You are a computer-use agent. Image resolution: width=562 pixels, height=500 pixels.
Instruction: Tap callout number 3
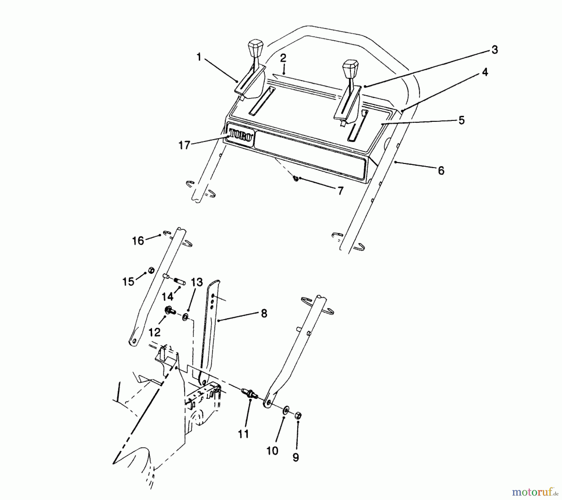494,50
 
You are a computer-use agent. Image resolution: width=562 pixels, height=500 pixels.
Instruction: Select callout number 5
461,120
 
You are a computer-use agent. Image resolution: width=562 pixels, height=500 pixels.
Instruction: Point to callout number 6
441,171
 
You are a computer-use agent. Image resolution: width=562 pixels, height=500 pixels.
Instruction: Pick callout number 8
264,314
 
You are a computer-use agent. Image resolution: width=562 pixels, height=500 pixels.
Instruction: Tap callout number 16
138,241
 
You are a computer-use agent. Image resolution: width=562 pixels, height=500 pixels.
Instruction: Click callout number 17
184,145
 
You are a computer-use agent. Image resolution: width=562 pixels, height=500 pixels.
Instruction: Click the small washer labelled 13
185,317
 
